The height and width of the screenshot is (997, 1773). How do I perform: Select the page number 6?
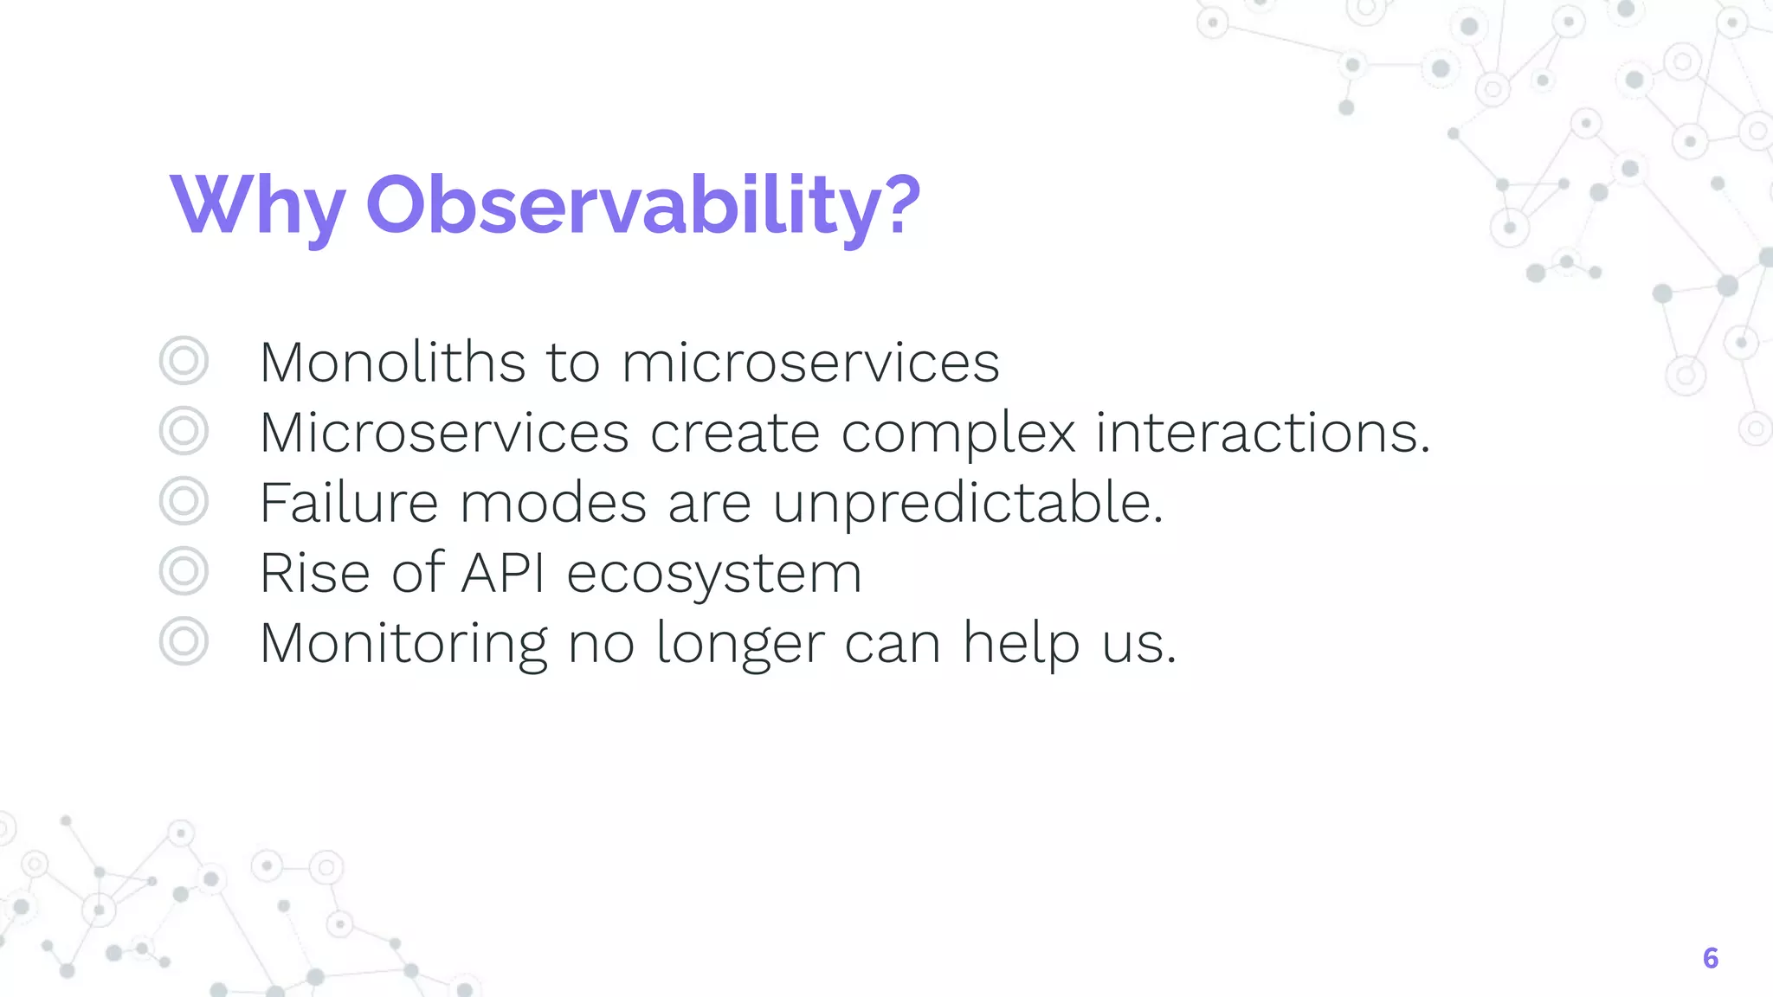1710,958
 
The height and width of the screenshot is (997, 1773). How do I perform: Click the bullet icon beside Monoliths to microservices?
184,361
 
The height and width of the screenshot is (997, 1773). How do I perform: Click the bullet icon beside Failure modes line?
184,501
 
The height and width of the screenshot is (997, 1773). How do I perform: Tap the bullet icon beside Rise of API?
184,571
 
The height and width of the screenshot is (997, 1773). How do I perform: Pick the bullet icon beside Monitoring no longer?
184,641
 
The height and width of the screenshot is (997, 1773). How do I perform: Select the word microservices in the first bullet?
810,363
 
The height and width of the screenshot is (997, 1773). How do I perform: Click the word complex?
958,433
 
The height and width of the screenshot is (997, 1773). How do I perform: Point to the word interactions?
1261,432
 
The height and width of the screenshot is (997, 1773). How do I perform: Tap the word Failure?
349,503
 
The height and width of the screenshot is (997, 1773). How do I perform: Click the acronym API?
504,573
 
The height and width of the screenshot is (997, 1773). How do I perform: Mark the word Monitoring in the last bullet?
403,644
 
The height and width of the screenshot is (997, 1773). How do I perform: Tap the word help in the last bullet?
1021,644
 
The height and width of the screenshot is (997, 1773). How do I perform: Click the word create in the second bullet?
734,433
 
